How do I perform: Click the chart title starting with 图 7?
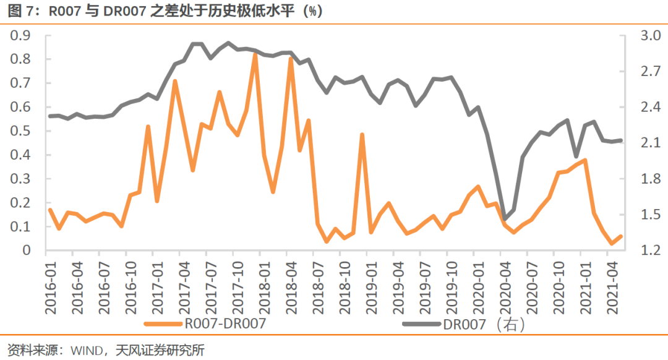point(165,11)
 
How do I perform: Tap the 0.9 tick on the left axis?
point(22,36)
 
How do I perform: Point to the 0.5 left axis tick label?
point(22,131)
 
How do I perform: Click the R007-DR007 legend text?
point(226,323)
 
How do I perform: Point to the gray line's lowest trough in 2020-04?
point(505,218)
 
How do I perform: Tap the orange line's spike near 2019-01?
point(362,134)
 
